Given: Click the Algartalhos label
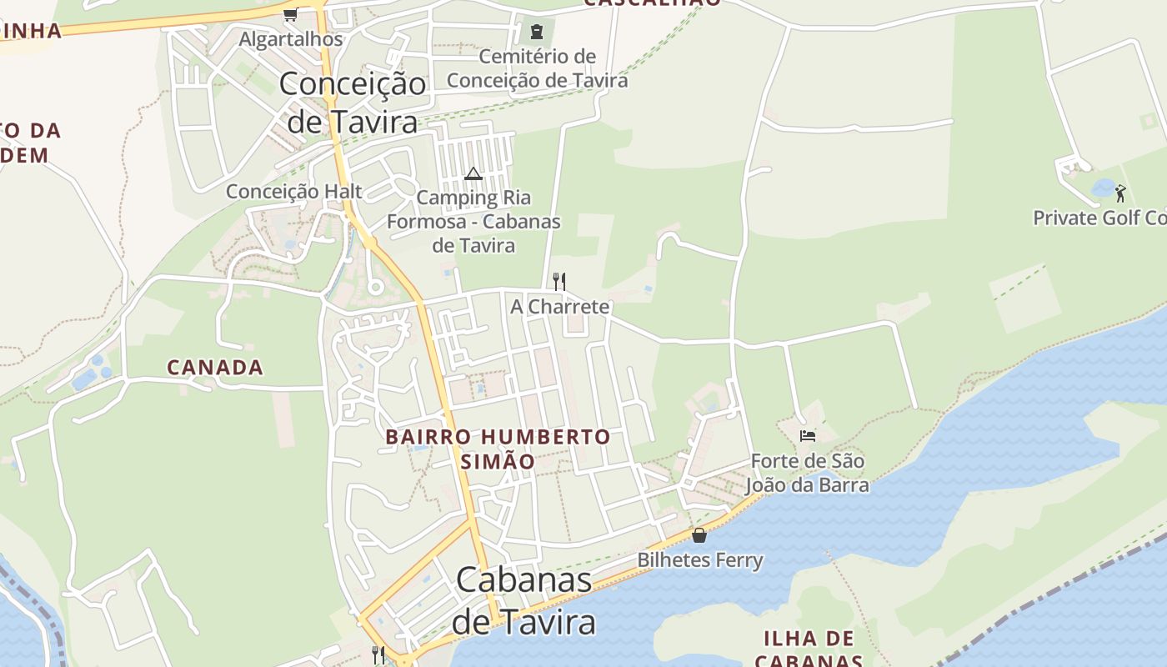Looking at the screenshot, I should coord(290,39).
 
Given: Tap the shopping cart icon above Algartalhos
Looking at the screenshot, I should coord(290,14).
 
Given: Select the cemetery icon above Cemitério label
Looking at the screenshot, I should coord(537,33).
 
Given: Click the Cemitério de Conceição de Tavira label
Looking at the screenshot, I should coord(537,68).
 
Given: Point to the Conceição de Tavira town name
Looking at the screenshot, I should coord(352,103).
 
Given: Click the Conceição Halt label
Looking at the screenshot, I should coord(293,192).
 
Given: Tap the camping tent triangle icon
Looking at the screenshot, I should coord(473,174).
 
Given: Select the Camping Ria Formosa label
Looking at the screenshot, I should coord(473,222).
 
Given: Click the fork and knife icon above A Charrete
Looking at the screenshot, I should coord(559,281).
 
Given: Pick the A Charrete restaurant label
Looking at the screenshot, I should coord(559,307).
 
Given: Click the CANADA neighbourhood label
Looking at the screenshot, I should coord(215,367).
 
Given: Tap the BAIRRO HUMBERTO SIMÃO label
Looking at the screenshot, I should coord(498,449).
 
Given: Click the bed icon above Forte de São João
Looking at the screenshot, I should coord(807,435).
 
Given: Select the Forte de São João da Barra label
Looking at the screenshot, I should coord(807,473).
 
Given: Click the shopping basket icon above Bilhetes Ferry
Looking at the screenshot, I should coord(699,535).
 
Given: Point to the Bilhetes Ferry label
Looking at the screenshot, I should coord(700,560).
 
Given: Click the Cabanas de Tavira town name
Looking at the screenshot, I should coord(524,601).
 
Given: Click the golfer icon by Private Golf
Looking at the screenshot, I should coord(1120,193).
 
